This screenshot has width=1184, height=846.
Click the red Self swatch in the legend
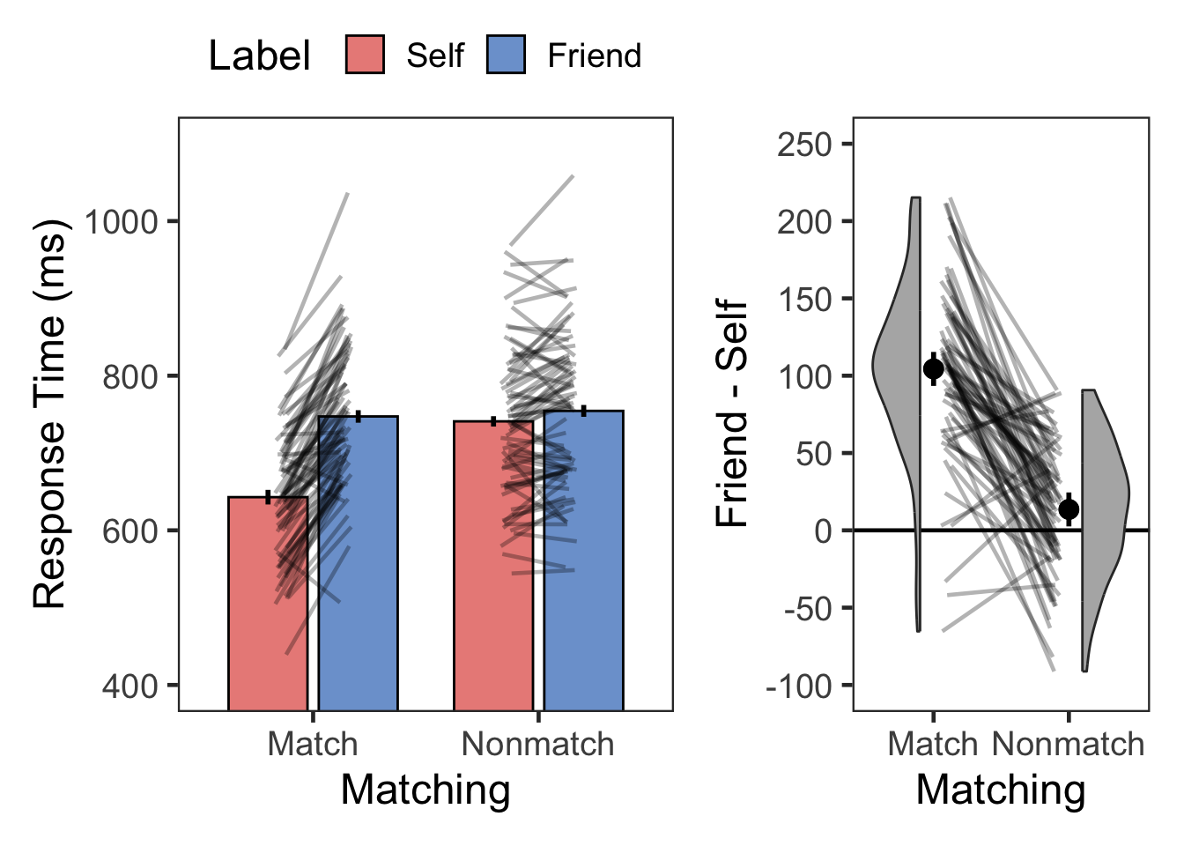(x=365, y=55)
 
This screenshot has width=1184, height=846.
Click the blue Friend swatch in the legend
(x=506, y=55)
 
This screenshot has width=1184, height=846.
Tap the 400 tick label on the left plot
(x=129, y=686)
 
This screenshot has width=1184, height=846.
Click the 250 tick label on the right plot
(x=804, y=144)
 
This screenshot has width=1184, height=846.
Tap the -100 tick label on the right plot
(x=799, y=686)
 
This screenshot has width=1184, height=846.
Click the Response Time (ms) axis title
(x=49, y=414)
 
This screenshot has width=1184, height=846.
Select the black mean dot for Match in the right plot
(x=934, y=369)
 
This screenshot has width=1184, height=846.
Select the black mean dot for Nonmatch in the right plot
(x=1069, y=509)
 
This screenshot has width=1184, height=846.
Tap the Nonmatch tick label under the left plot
(x=537, y=745)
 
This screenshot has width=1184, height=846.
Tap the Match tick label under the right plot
(x=932, y=745)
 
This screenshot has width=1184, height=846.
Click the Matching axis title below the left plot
(x=425, y=790)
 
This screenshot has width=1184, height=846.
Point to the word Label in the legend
(x=259, y=56)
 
